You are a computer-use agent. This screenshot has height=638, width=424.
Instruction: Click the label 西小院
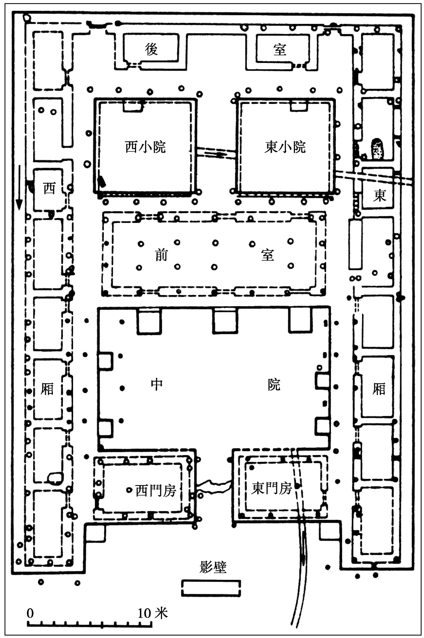pyautogui.click(x=145, y=147)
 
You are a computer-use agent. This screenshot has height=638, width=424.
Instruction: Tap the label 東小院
pyautogui.click(x=285, y=147)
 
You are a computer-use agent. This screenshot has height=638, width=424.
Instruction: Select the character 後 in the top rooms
pyautogui.click(x=151, y=50)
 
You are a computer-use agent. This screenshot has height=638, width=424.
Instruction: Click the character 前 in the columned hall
pyautogui.click(x=161, y=255)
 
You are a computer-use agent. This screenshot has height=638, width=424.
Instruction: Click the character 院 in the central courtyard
pyautogui.click(x=274, y=384)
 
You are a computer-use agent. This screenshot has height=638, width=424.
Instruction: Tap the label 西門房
pyautogui.click(x=155, y=491)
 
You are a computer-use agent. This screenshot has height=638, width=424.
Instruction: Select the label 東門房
pyautogui.click(x=271, y=488)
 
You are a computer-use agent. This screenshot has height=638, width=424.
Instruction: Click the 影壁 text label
pyautogui.click(x=213, y=567)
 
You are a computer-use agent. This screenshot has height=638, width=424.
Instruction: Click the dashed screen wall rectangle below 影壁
pyautogui.click(x=211, y=588)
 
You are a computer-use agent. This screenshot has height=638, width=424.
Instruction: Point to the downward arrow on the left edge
pyautogui.click(x=19, y=187)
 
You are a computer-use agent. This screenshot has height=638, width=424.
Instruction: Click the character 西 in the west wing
pyautogui.click(x=49, y=188)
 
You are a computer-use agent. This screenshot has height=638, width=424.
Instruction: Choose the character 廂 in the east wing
pyautogui.click(x=379, y=389)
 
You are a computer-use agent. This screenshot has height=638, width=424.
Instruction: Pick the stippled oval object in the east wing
pyautogui.click(x=376, y=149)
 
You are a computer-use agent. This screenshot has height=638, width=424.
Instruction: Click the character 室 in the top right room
pyautogui.click(x=280, y=50)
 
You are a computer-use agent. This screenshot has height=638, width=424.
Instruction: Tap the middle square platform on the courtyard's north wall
pyautogui.click(x=225, y=320)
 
